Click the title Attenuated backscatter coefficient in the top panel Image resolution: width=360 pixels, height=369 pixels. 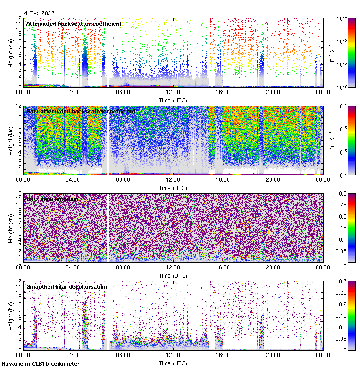point(74,24)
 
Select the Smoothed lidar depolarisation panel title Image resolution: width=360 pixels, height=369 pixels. point(66,286)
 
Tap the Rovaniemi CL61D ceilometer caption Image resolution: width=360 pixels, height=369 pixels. point(41,364)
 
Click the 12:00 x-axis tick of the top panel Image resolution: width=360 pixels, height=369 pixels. point(173,92)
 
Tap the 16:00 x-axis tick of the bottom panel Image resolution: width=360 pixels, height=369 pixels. point(223,355)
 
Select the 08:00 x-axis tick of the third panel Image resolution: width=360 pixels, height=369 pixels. point(123,267)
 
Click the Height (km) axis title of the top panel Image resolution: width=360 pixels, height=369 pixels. point(11,53)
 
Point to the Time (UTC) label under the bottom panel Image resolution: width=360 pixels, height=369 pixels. point(173,363)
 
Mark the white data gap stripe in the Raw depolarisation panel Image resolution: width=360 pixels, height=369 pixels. point(108,228)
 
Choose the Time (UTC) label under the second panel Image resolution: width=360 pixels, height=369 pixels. point(173,188)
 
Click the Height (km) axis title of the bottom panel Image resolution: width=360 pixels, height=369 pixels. point(11,315)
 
